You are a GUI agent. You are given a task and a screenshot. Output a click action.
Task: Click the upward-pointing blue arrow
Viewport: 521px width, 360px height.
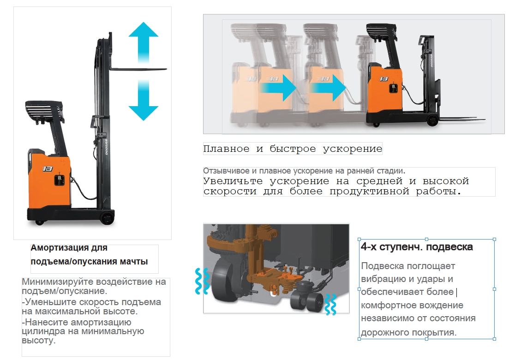pyautogui.click(x=143, y=42)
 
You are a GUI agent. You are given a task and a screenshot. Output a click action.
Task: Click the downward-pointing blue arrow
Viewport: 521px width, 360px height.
pyautogui.click(x=143, y=100)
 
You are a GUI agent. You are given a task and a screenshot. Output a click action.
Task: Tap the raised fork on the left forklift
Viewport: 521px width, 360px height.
pyautogui.click(x=138, y=69)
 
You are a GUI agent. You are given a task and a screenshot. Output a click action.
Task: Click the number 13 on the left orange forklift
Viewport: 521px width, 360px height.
pyautogui.click(x=48, y=169)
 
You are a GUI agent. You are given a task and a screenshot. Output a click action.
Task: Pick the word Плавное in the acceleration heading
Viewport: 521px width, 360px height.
pyautogui.click(x=226, y=149)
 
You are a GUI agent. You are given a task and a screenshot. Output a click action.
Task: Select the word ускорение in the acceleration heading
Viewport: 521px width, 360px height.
pyautogui.click(x=353, y=149)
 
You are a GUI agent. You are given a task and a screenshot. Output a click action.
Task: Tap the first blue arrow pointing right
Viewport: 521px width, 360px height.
pyautogui.click(x=278, y=88)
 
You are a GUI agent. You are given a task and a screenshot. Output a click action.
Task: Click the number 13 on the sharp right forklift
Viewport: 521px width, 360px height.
pyautogui.click(x=384, y=79)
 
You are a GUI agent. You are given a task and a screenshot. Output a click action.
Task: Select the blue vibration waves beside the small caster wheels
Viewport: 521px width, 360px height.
pyautogui.click(x=330, y=304)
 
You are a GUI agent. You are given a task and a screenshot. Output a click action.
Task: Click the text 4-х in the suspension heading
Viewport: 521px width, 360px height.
pyautogui.click(x=369, y=247)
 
